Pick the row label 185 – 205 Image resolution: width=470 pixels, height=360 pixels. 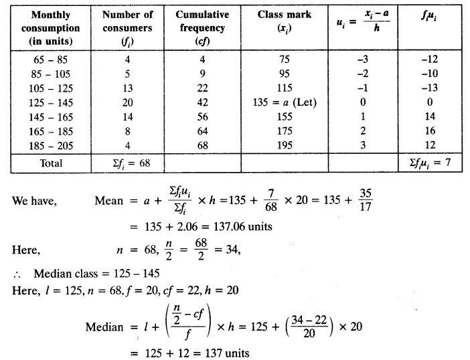tap(51, 146)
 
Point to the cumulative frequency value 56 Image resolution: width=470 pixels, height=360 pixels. tap(202, 117)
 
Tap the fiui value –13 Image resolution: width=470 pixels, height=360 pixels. tap(429, 88)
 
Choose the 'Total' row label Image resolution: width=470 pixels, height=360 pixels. tap(51, 163)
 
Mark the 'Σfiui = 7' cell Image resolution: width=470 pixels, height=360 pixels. tap(429, 163)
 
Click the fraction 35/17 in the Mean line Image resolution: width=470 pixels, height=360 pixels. tap(366, 201)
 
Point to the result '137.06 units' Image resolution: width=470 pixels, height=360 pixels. tap(242, 226)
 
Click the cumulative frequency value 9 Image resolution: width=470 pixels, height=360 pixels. tap(202, 73)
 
